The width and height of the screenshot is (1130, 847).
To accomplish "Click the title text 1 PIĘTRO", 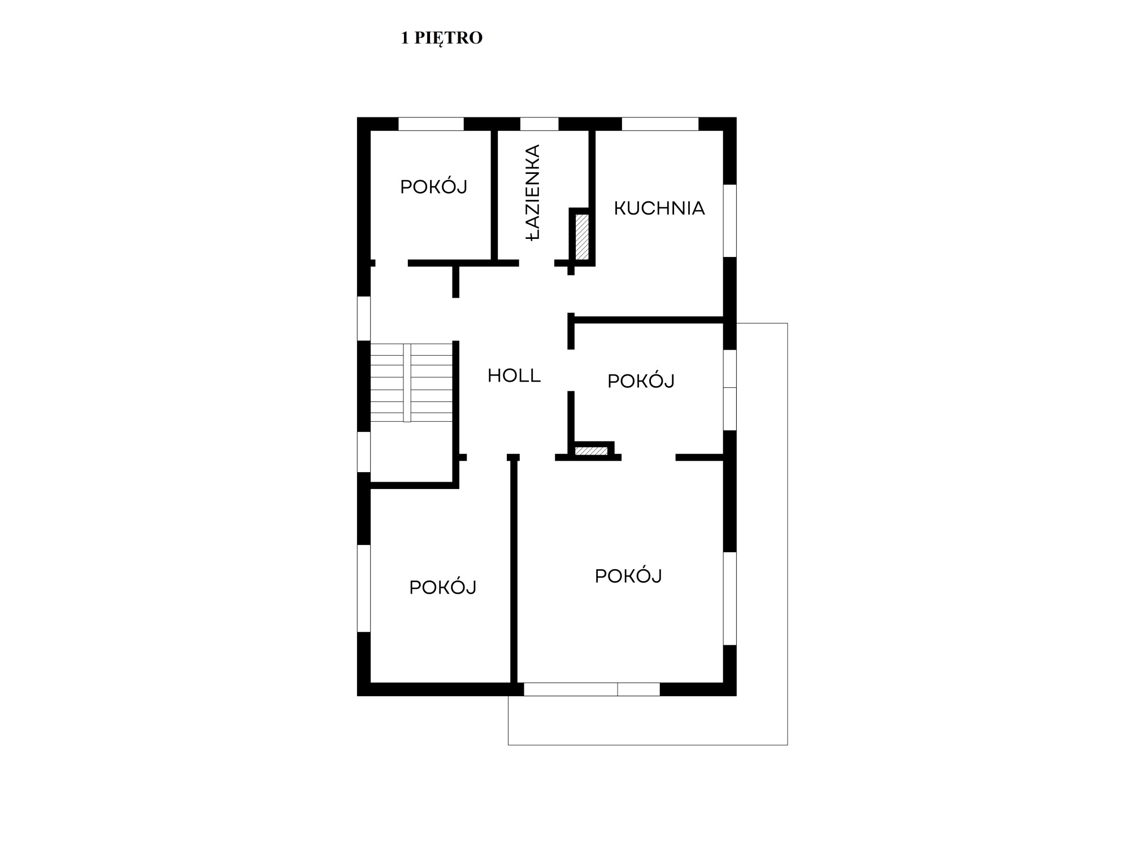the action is pos(441,38).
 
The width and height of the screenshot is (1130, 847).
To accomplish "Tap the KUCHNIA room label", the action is pos(659,208).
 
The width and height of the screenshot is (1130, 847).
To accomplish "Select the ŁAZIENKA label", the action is pos(533,193).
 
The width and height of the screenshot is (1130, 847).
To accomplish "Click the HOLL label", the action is pos(514,376).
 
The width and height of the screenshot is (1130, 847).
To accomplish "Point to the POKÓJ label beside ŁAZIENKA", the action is pos(434,186).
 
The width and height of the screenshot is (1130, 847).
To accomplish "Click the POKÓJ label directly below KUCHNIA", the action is pos(641,381).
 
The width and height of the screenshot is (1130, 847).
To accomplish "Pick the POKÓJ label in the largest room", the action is pos(628,575).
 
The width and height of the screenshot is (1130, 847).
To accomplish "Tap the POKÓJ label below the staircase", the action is pos(443,587).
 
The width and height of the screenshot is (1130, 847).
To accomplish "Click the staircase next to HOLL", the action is pos(411,382).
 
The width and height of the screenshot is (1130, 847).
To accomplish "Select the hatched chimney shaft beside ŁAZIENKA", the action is pos(582,237).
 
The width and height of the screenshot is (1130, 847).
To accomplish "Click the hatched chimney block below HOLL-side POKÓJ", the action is pos(591,451).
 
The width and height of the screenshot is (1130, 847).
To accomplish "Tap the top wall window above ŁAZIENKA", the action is pos(539,124).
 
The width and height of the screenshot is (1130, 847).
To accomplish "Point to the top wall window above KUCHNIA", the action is pos(660,124).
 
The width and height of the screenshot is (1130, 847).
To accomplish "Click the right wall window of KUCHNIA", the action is pos(730,220).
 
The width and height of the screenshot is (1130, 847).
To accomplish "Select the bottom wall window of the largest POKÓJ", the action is pos(592,689).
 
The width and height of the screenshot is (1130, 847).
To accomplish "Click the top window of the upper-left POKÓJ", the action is pos(431,124).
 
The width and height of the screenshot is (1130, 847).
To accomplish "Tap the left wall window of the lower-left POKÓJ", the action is pos(364,588).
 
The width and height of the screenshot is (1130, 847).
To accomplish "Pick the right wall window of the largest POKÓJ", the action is pos(730,598).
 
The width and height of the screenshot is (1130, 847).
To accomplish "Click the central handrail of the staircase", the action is pos(407,382).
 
